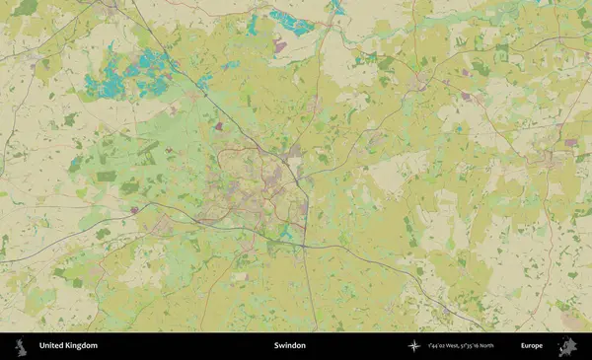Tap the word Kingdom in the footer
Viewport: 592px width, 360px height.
(82, 346)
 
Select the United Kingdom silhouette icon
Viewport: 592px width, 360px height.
(19, 346)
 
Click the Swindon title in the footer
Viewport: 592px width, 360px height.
(290, 346)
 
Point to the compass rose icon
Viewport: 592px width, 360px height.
(413, 346)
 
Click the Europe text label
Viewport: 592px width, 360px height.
(532, 346)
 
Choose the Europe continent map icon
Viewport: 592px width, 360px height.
(567, 346)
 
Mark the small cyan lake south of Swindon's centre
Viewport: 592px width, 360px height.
(286, 232)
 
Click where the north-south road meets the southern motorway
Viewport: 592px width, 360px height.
(306, 246)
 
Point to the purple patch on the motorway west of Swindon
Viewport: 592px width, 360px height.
(134, 210)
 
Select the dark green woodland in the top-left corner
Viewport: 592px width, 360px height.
(25, 8)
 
